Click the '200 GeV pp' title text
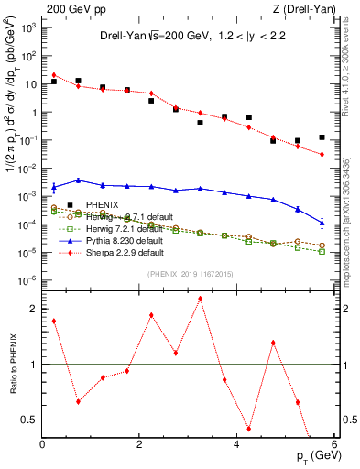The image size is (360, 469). click(76, 8)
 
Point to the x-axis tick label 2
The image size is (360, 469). click(139, 444)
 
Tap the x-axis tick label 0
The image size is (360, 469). click(42, 444)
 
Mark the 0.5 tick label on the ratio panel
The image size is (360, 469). click(30, 420)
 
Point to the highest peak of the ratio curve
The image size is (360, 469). click(200, 299)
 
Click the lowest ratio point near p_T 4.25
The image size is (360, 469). click(248, 428)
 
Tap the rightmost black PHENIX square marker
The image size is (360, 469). click(322, 137)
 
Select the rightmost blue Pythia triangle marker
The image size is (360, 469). click(322, 222)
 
